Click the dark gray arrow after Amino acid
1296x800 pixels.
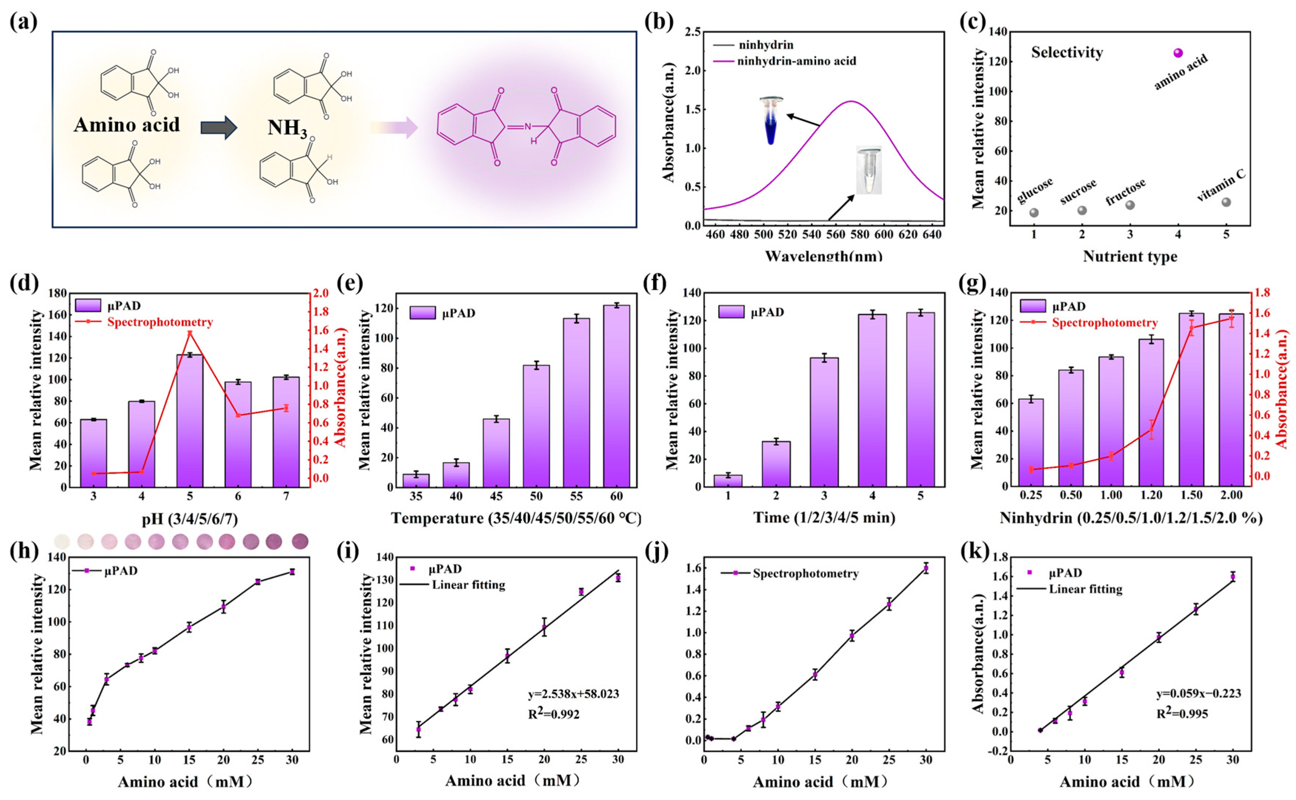click(219, 127)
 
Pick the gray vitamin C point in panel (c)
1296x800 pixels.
click(1226, 202)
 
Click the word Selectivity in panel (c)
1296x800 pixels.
click(1067, 52)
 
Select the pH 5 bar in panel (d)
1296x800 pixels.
click(190, 421)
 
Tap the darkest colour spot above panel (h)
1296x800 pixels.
click(300, 541)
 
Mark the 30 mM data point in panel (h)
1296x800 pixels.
click(292, 572)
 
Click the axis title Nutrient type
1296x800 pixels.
click(1130, 257)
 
